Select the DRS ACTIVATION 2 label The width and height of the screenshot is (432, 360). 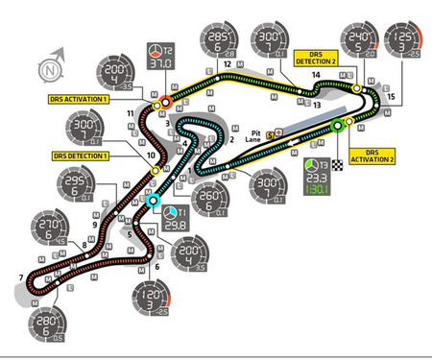coord(378,156)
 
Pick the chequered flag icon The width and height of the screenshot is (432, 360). coord(338,167)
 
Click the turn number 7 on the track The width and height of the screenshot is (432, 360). coord(20,279)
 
